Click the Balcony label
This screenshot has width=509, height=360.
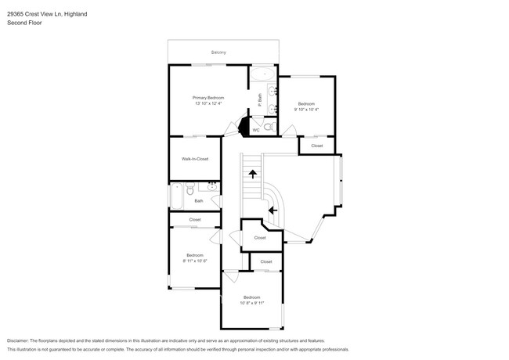(218, 52)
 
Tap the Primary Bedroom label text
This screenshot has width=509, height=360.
(208, 97)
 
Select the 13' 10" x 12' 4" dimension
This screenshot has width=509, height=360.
(208, 103)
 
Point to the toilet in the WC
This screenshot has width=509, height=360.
(267, 126)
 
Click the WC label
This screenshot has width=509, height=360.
(255, 130)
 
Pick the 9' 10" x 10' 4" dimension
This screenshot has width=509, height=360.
(306, 110)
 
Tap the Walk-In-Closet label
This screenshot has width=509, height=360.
(195, 159)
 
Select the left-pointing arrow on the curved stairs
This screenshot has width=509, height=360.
(273, 210)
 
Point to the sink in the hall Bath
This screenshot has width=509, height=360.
(211, 187)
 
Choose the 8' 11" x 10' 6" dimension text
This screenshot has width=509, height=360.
(194, 261)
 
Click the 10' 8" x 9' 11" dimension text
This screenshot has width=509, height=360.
(251, 303)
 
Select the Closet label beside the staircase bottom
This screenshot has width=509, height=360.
(259, 237)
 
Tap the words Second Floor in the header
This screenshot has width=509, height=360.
(26, 23)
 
